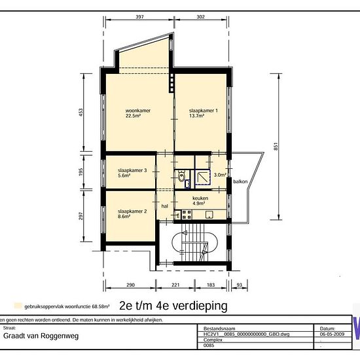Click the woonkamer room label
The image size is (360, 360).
tap(138, 111)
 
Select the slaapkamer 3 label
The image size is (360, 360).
tap(131, 171)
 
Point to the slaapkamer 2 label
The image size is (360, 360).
tap(131, 211)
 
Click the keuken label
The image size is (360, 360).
tap(200, 198)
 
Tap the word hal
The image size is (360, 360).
tap(166, 206)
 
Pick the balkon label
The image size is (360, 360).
tap(241, 181)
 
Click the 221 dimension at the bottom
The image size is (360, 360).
tap(175, 285)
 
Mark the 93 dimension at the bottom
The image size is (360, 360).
tap(239, 285)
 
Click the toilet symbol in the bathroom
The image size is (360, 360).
tap(181, 175)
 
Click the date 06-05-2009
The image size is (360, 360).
tap(333, 333)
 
